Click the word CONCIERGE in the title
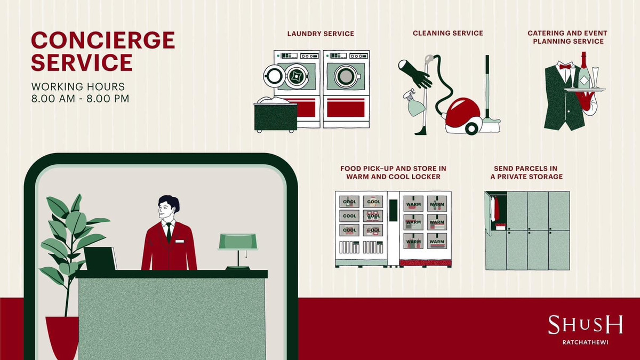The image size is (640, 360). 103,40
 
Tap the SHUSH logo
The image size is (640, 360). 585,325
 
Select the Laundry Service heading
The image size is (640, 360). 321,34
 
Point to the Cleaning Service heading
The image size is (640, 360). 447,33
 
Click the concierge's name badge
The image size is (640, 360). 179,242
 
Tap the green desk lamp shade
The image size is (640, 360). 238,242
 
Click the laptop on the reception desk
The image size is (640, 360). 100,259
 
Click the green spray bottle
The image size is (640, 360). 413,103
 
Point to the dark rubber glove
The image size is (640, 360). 415,74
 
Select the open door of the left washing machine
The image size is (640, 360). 274,76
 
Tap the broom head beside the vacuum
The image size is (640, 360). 491,125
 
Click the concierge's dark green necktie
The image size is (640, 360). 169,233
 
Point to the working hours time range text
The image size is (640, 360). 81,99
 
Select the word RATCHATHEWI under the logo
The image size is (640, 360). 586,342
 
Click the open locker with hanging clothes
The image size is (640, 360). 496,211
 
